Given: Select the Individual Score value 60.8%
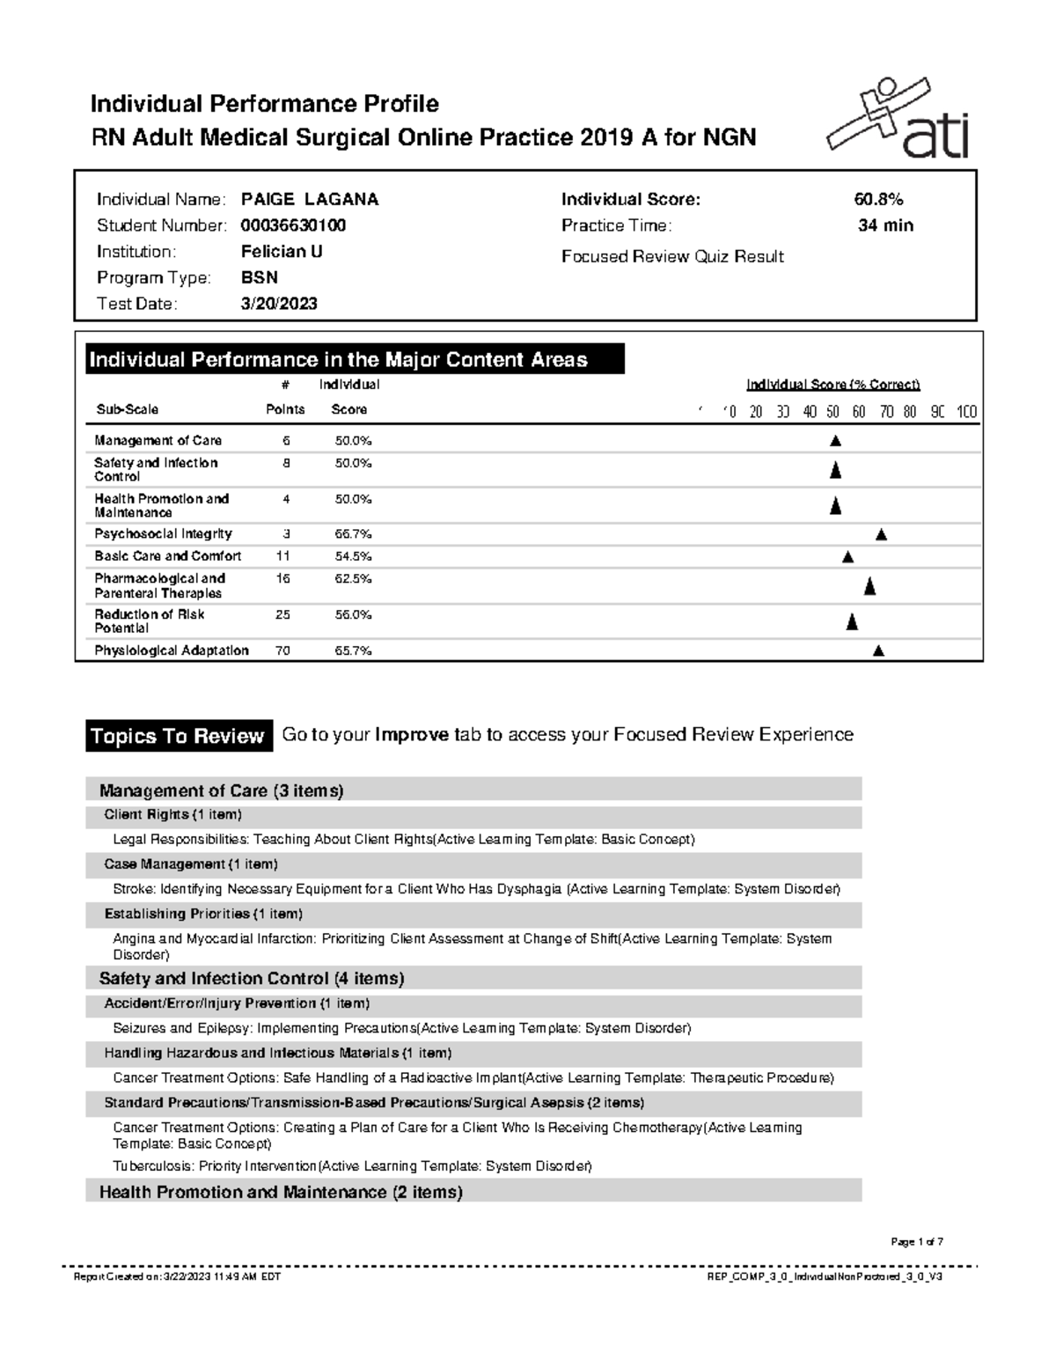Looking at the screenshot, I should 878,200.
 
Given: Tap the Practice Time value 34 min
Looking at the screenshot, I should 885,226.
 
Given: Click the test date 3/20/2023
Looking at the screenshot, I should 279,304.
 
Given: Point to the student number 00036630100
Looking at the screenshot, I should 293,226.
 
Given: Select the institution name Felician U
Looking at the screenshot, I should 282,252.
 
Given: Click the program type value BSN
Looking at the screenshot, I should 260,278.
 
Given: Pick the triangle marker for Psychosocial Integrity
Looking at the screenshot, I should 881,535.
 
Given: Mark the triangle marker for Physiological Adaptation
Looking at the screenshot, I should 877,651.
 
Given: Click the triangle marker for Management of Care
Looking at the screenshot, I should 835,441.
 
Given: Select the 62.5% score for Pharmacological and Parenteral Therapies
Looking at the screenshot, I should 353,579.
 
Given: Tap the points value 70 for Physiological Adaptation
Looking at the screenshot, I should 282,651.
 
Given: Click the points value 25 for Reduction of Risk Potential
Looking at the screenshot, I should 282,615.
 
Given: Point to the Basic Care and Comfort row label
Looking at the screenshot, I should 167,556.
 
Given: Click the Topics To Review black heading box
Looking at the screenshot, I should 178,737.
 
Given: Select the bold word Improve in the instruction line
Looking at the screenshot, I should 412,735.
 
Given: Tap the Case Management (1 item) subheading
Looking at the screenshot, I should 191,864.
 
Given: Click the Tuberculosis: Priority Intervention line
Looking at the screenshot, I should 352,1166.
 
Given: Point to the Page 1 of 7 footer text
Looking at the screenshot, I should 917,1242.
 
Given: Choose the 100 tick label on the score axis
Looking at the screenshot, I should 966,412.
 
